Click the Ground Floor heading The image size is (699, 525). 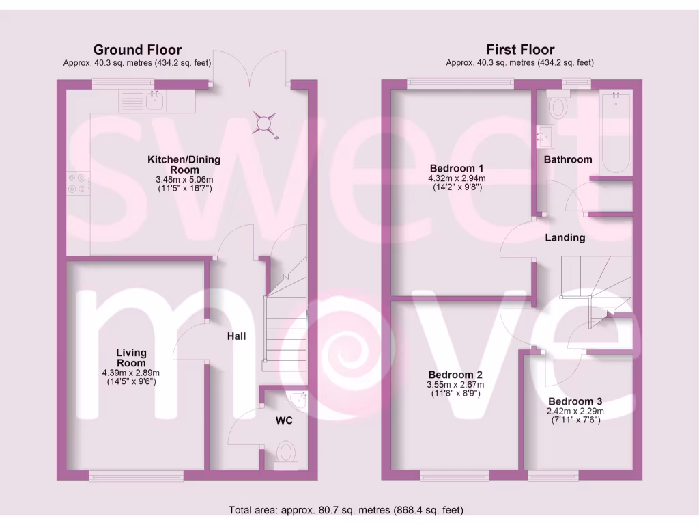click(x=137, y=49)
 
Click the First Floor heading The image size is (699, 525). click(x=520, y=49)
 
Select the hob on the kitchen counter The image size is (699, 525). click(x=76, y=183)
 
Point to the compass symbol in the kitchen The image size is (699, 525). click(x=263, y=123)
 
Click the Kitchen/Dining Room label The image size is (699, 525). click(x=184, y=164)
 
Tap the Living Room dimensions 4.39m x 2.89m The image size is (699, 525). click(x=130, y=373)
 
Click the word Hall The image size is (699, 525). click(x=237, y=336)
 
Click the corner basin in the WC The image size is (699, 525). click(x=298, y=399)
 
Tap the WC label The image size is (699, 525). click(x=284, y=420)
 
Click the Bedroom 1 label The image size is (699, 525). click(x=457, y=168)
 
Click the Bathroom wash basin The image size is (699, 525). click(x=545, y=137)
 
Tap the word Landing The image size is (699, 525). click(x=565, y=238)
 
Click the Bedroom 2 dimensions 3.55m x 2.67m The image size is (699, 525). click(x=455, y=385)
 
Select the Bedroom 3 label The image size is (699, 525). click(x=575, y=401)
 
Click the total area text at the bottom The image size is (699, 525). click(x=349, y=510)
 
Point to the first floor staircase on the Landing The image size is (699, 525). click(x=594, y=277)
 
